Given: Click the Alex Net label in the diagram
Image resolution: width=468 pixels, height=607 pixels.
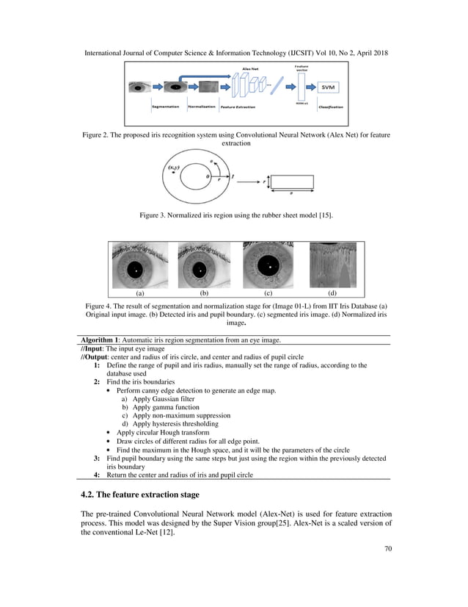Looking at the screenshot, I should pos(252,68).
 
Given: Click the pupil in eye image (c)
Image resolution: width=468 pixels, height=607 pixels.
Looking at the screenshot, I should pos(268,265).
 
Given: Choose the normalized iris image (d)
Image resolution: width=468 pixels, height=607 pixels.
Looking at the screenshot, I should pos(334,265).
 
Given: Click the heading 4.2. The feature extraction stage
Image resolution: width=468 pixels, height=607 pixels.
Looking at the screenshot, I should pos(139,494).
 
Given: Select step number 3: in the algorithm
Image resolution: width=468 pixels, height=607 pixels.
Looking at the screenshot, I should pos(98,458).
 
